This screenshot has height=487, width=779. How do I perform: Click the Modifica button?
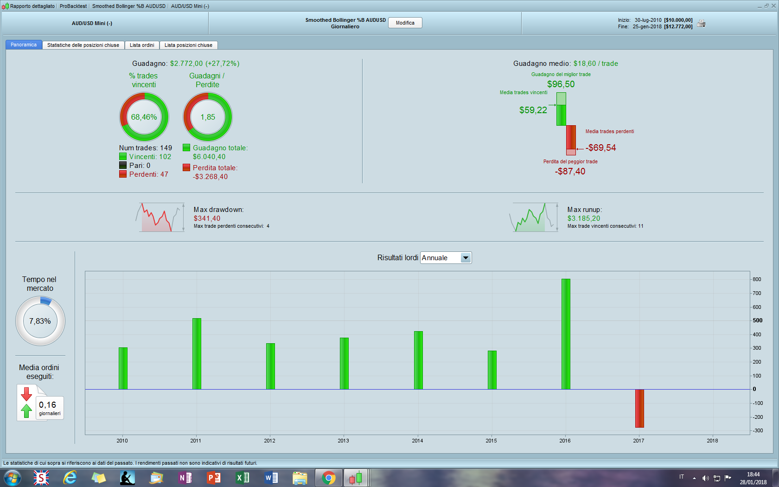405,23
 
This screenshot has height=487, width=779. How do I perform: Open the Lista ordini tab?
142,45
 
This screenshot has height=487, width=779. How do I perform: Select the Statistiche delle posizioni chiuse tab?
83,45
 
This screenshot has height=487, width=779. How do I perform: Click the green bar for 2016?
565,334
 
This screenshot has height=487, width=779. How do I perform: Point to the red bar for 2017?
639,408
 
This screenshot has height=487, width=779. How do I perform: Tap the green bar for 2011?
197,353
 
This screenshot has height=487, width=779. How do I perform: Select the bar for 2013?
344,363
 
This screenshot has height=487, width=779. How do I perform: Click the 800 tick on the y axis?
757,279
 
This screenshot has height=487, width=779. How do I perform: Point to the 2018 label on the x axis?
712,441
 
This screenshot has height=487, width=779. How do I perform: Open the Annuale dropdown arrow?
466,258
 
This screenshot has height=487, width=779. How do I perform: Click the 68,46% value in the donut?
144,117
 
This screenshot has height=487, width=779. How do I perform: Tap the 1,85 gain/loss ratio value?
208,117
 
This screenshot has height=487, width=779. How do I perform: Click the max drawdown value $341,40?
207,218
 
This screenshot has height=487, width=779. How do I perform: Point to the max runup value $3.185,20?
583,218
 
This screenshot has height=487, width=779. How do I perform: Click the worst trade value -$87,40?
570,171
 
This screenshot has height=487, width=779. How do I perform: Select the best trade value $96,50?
561,84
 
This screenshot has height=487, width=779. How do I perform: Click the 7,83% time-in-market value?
40,321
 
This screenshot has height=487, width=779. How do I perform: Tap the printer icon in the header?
701,23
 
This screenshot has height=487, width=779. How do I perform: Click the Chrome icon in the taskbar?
329,478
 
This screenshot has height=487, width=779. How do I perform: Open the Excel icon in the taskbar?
243,478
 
